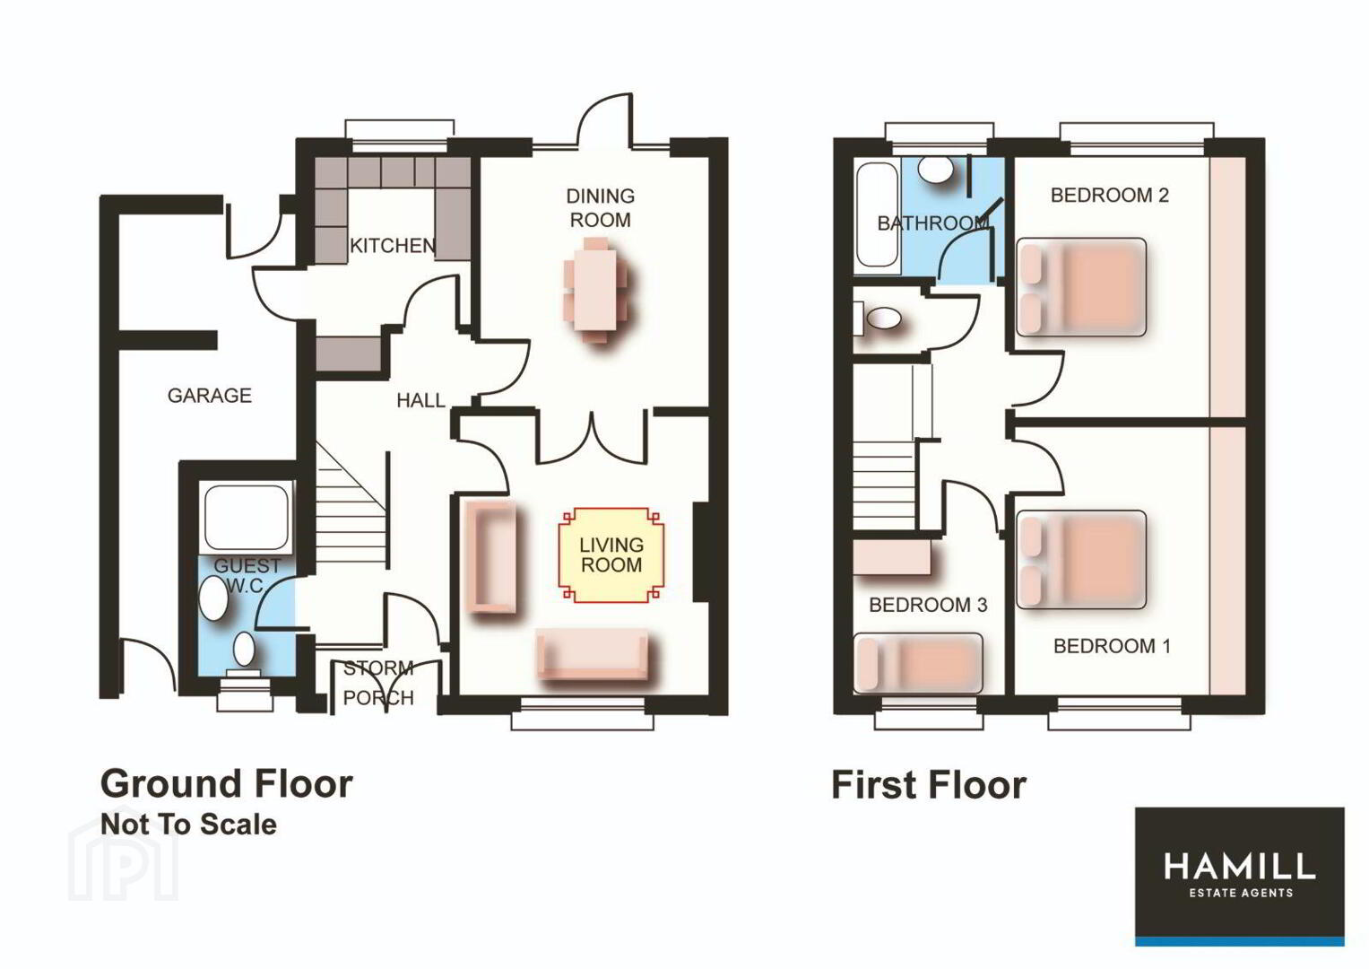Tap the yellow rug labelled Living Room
tap(611, 554)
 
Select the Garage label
tap(210, 396)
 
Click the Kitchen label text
tap(393, 245)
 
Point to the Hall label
tap(420, 401)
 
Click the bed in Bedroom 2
tap(1081, 287)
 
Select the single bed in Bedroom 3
tap(918, 663)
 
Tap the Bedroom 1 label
tap(1113, 646)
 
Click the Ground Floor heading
tap(226, 783)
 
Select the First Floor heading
tap(929, 785)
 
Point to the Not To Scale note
tap(189, 824)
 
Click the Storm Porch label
tap(378, 683)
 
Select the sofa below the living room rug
tap(592, 653)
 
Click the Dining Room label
tap(600, 208)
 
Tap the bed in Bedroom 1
tap(1081, 559)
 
